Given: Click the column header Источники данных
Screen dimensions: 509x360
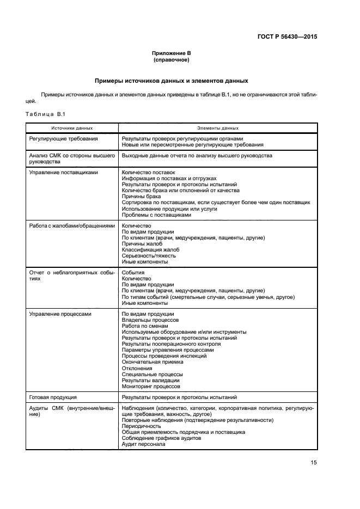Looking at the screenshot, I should click(x=72, y=128).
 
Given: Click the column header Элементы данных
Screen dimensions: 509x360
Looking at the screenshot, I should click(x=218, y=128).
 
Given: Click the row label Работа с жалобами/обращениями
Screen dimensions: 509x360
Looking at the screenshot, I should click(x=72, y=226).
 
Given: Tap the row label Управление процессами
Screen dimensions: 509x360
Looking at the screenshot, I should click(x=60, y=314).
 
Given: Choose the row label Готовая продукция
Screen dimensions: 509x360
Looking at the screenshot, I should click(x=53, y=397).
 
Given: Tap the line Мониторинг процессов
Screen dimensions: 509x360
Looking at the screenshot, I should click(x=151, y=387).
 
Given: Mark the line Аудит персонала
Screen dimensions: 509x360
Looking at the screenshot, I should click(x=143, y=444).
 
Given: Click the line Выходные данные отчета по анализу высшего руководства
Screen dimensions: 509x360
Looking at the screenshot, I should click(x=197, y=156).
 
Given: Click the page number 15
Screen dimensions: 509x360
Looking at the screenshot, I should click(x=313, y=463).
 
